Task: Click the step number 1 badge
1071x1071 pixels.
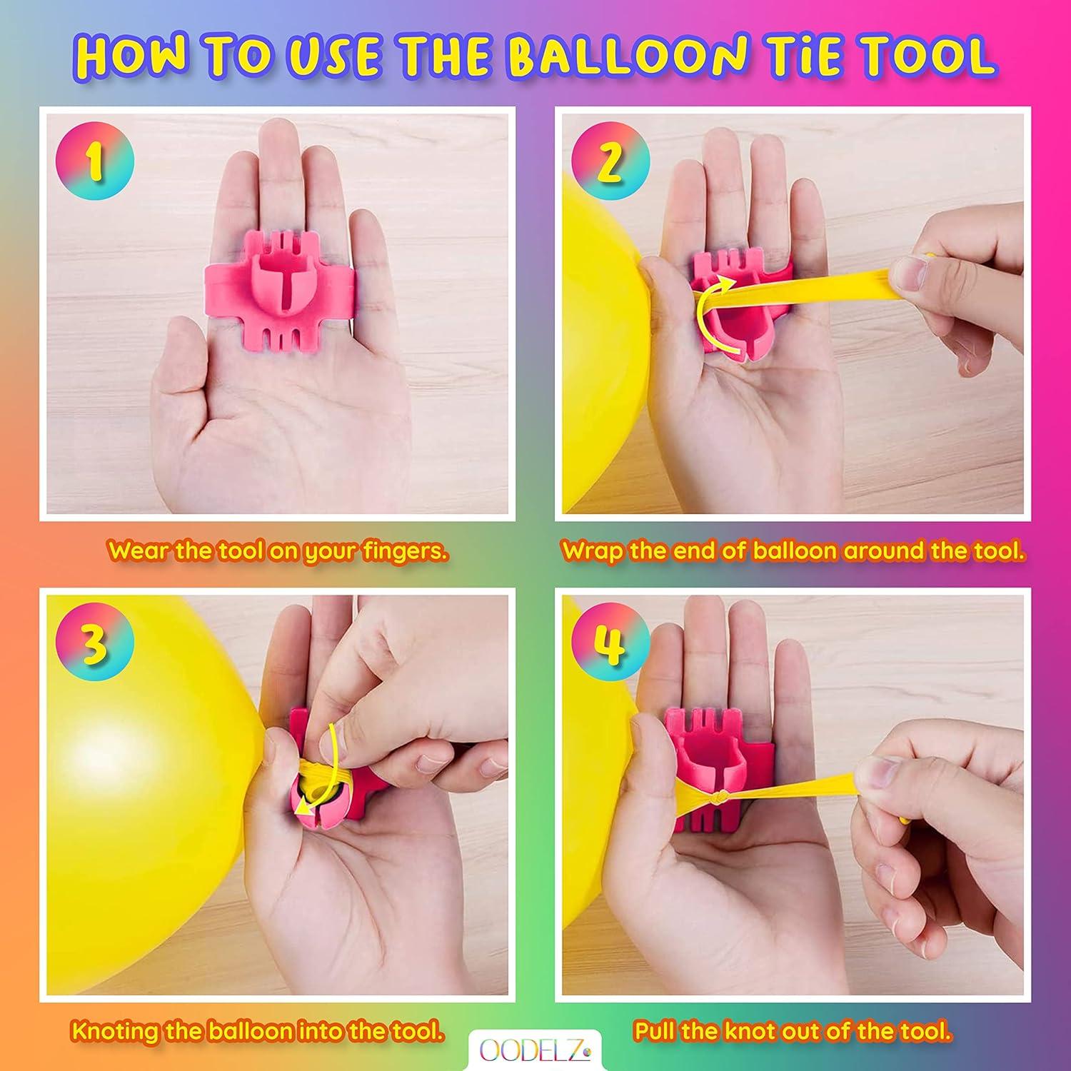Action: coord(95,161)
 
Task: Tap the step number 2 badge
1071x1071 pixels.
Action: coord(610,161)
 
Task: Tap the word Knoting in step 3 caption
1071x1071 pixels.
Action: coord(115,1032)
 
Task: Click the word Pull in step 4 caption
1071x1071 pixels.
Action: coord(655,1032)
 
